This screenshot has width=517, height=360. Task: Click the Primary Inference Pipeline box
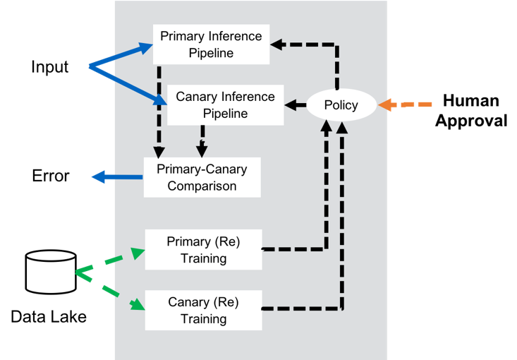[x=211, y=44]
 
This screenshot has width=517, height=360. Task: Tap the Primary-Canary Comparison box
[x=202, y=178]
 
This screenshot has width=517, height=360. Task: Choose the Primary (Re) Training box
[x=203, y=250]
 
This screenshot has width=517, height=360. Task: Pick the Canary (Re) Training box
[x=203, y=311]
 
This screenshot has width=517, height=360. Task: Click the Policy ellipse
[x=341, y=105]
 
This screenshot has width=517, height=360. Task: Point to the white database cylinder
[x=51, y=272]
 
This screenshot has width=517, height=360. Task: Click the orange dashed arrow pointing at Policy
[x=406, y=105]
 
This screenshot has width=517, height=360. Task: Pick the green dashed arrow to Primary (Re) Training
[x=109, y=259]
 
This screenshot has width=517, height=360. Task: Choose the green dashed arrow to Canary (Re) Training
[x=109, y=289]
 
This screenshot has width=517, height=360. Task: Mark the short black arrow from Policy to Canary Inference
[x=296, y=106]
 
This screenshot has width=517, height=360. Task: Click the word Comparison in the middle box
[x=202, y=186]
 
